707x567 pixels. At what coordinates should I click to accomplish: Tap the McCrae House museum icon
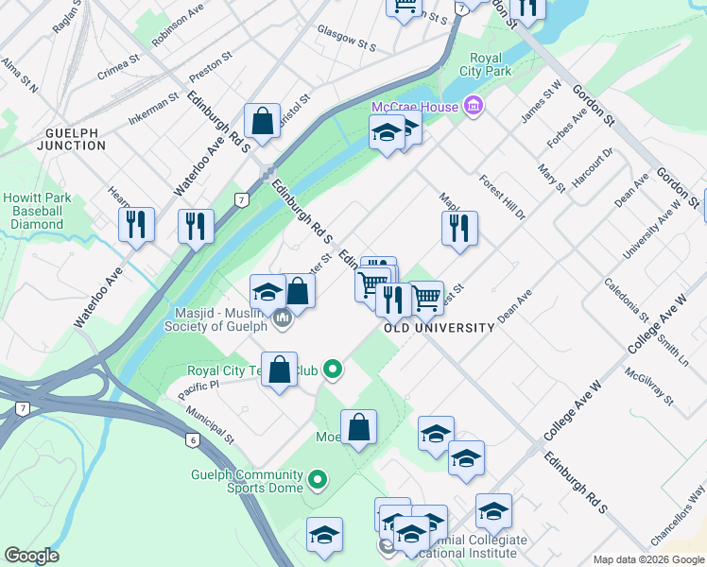[474, 106]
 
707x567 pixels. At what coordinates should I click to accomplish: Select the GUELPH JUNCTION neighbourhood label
[72, 138]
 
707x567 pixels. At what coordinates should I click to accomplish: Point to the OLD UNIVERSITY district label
[440, 328]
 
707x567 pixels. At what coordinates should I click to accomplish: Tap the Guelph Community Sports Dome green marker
[318, 480]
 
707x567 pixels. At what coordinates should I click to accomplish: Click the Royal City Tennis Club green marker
[332, 369]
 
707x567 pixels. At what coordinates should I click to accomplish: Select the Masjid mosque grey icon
[282, 322]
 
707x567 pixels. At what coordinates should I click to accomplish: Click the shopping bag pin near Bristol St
[262, 122]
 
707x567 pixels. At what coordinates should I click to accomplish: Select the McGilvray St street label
[648, 387]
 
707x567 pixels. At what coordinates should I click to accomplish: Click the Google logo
[32, 556]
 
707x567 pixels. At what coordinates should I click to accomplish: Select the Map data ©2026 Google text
[647, 559]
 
